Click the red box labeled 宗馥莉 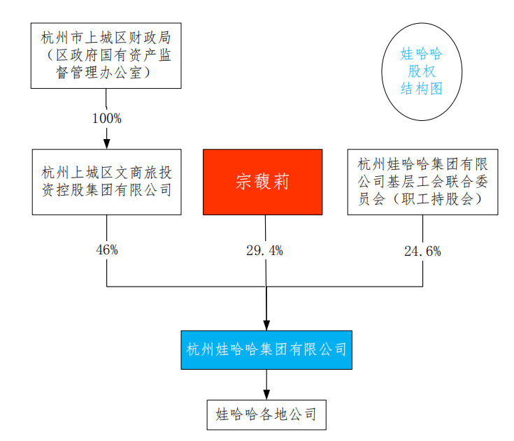(262, 182)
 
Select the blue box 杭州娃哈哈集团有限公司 (266, 349)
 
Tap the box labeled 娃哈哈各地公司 (266, 414)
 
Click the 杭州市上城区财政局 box (106, 55)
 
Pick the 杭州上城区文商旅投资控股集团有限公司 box (106, 182)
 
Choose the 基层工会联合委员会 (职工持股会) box (422, 182)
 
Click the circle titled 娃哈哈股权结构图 (421, 72)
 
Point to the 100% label (106, 118)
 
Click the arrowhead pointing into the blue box (266, 324)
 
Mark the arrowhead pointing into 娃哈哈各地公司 (266, 395)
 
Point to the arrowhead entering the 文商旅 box (106, 143)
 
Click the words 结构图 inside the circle (421, 89)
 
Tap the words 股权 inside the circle (421, 72)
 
